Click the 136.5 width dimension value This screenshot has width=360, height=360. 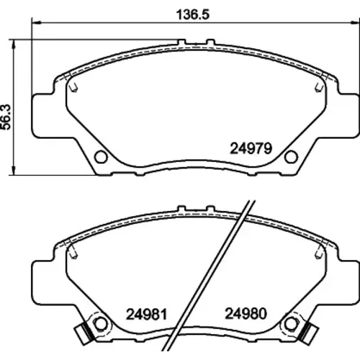point(193,14)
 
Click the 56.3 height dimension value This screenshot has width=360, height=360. point(6,117)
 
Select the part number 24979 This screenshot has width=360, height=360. point(251,148)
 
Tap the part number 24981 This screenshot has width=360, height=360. point(146,314)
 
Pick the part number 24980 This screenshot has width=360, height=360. point(246,313)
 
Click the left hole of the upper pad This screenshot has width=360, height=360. point(101,157)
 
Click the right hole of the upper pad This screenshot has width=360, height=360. point(291,157)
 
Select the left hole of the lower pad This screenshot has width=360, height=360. point(101,324)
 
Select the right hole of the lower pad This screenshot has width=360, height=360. point(291,324)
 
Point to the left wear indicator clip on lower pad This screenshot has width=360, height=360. point(84,335)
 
